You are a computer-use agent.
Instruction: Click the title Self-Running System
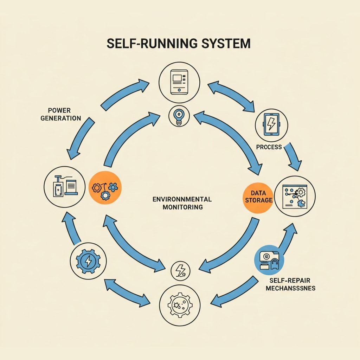click(178, 44)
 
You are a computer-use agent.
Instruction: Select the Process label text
click(269, 147)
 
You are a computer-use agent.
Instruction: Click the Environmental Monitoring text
click(182, 203)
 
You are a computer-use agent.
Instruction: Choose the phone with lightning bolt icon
click(271, 124)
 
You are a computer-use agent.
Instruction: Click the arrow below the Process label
click(293, 157)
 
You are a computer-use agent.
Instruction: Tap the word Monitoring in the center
click(182, 207)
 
